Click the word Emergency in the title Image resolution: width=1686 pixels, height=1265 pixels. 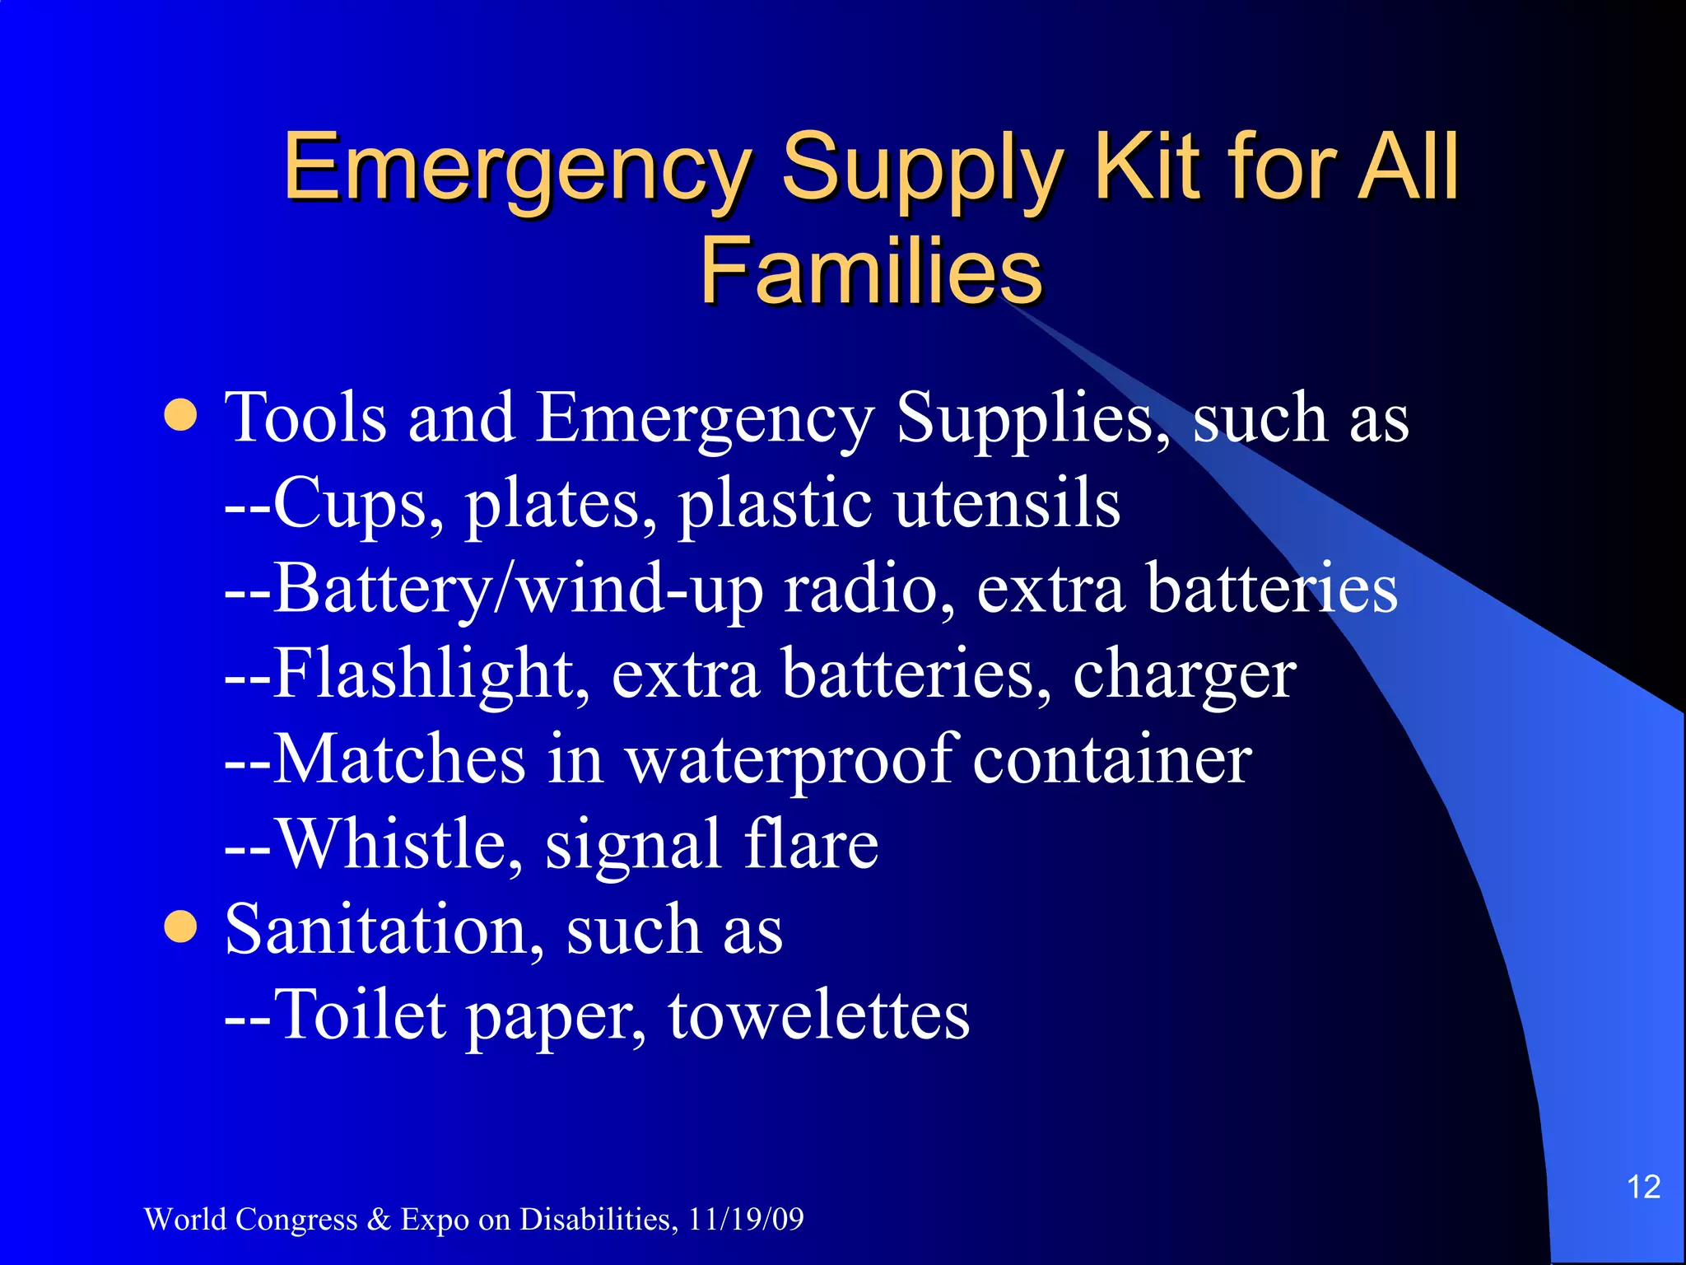coord(517,169)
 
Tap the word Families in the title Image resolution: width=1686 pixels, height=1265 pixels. coord(871,270)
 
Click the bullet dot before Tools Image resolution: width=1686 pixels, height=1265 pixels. coord(181,415)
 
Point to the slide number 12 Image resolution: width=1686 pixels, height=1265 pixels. coord(1643,1187)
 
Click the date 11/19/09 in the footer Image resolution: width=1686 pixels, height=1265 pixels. coord(746,1219)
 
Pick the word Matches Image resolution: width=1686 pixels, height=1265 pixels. coord(398,759)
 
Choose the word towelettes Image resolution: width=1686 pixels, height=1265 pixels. coord(818,1015)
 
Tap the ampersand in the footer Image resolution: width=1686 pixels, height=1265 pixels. coord(379,1219)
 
